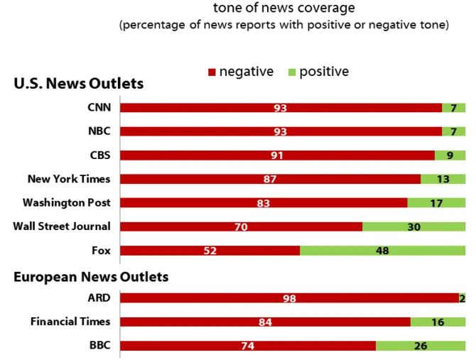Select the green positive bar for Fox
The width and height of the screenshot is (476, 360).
coord(382,251)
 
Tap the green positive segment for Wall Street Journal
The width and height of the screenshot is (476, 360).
coord(413,227)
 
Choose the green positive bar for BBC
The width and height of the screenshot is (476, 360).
coord(420,346)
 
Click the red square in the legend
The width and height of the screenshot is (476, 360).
coord(211,72)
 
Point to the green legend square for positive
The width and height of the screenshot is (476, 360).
coord(291,72)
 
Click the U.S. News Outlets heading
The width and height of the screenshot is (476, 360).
coord(79,84)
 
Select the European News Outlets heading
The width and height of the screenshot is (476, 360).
coord(91,276)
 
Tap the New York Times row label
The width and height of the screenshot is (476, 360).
coord(69,179)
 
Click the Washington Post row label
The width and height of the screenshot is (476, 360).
coord(66,202)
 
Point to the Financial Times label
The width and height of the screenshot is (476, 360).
coord(70,322)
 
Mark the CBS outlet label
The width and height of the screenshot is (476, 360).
coord(100,155)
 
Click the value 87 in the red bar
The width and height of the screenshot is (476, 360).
coord(269,179)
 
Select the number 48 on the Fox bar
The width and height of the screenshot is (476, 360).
coord(382,251)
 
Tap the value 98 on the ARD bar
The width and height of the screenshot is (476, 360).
coord(289,298)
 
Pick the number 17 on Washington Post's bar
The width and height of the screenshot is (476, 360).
coord(436,203)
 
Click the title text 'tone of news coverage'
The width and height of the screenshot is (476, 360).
coord(283,9)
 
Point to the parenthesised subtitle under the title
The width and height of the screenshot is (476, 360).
coord(283,26)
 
